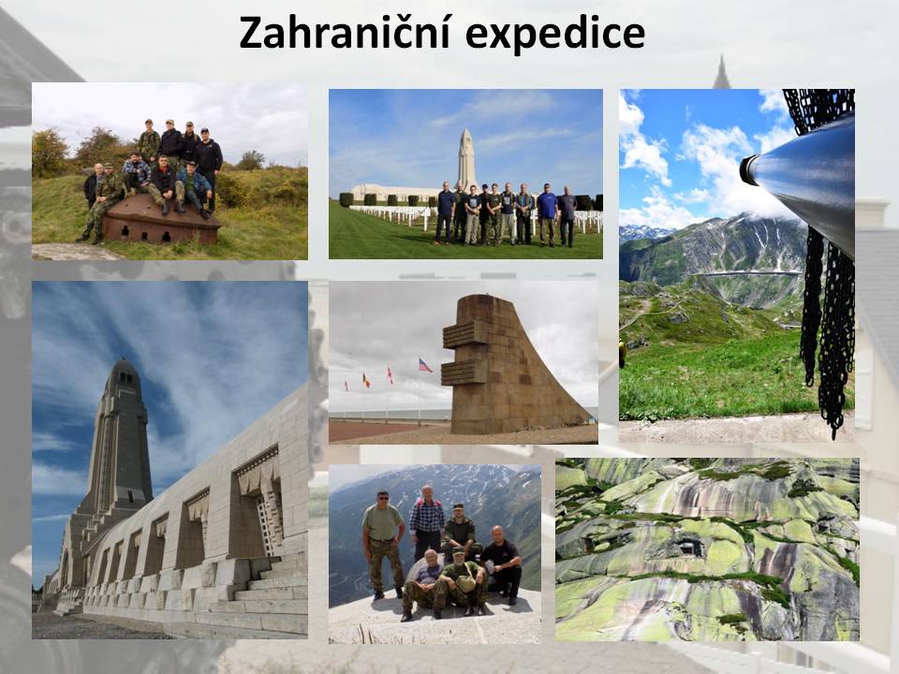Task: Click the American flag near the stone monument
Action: click(425, 366)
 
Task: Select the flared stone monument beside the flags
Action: click(505, 367)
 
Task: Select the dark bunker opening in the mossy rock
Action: click(688, 549)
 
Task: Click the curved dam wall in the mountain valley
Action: click(747, 274)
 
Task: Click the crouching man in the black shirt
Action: click(501, 564)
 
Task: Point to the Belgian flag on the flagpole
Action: click(365, 380)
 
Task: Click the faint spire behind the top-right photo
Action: click(721, 72)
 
